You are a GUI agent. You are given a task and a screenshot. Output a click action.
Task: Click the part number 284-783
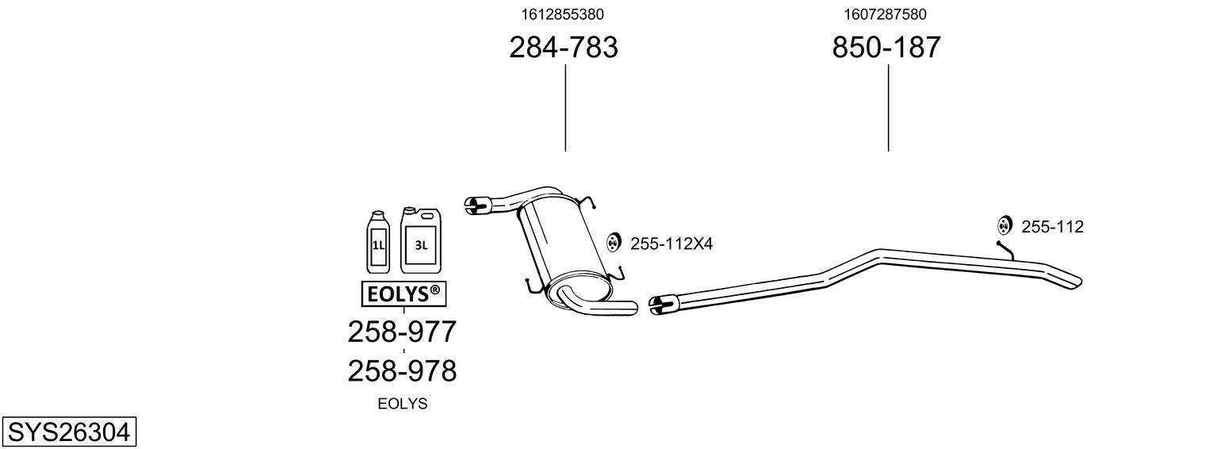(563, 47)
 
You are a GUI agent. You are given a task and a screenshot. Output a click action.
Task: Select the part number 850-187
(886, 47)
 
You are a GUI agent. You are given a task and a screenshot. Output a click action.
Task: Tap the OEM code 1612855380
(562, 14)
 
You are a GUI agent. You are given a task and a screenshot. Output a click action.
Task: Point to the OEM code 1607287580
(885, 14)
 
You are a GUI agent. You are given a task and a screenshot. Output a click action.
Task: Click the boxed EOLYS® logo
(404, 294)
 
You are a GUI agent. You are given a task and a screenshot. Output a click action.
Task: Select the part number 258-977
(402, 332)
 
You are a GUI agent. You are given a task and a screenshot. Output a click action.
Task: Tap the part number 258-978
(402, 371)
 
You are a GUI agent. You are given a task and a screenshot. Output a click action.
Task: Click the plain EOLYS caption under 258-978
(402, 404)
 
